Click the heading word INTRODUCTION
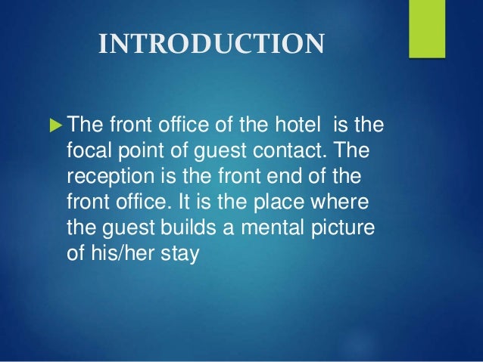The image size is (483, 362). click(x=211, y=45)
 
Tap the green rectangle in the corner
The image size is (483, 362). click(x=426, y=29)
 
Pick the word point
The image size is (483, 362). click(x=140, y=152)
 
